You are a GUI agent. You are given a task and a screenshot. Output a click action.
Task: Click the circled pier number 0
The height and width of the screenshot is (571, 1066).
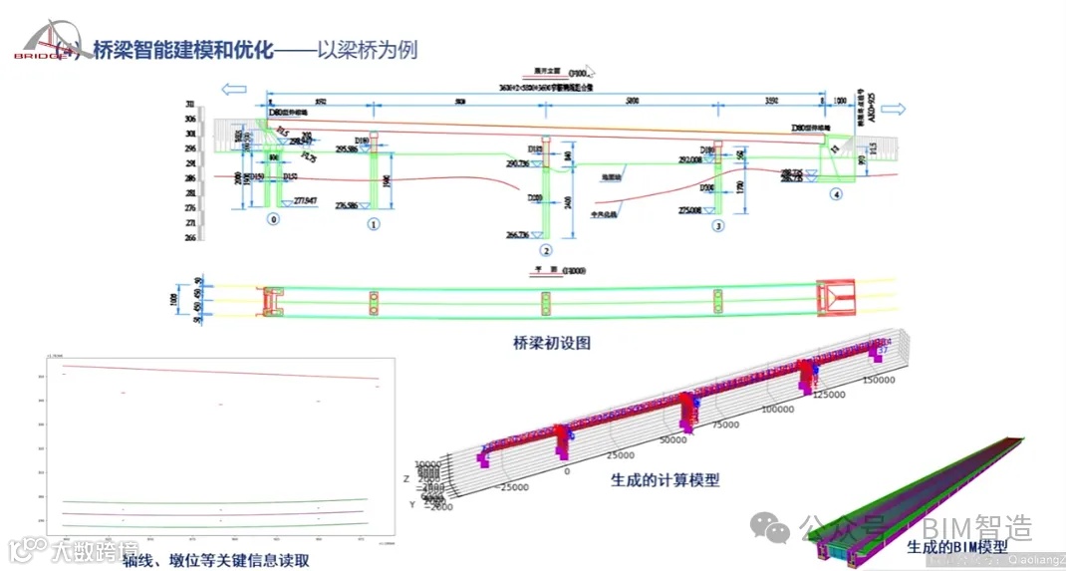[273, 218]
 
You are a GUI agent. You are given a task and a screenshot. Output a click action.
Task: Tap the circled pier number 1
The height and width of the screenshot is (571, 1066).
[373, 224]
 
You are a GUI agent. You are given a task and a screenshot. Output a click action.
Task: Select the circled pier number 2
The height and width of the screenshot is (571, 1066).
[545, 250]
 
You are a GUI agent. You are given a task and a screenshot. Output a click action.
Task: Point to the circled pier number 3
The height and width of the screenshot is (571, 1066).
[718, 226]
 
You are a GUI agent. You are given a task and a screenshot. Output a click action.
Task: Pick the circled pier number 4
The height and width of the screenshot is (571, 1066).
[837, 193]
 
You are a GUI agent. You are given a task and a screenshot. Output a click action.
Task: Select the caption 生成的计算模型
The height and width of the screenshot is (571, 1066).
[665, 479]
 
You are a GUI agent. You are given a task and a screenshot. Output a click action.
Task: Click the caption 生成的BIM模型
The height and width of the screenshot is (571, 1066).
[956, 546]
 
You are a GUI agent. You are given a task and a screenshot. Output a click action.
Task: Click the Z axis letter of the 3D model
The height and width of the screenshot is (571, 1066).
[406, 478]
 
